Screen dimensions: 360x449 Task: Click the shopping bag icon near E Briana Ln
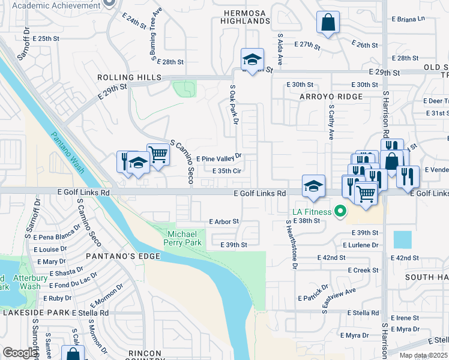coord(328,23)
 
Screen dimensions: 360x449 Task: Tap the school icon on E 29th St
coord(252,59)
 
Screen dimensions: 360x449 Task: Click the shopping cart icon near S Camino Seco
coord(158,154)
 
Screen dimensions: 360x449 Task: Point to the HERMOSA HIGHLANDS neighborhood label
coord(247,16)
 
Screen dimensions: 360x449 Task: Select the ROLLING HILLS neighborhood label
coord(130,78)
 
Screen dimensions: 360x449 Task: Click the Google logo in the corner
coord(20,353)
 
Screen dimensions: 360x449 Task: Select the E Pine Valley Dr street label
coord(218,158)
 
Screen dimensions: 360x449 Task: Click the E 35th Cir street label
coord(226,171)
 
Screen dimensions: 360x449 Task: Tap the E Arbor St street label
coord(224,221)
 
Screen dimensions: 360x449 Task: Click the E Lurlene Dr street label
coord(360,245)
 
